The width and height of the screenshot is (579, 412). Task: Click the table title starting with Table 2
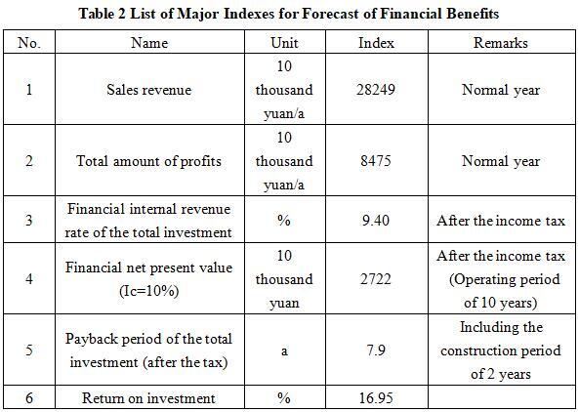tap(289, 14)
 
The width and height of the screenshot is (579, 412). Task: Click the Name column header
tap(149, 43)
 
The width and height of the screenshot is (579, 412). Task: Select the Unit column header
tap(284, 43)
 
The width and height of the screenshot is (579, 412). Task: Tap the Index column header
tap(376, 43)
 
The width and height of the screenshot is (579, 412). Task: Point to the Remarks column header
tap(501, 43)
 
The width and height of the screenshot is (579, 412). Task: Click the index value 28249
tap(376, 90)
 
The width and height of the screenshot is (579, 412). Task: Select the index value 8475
tap(376, 161)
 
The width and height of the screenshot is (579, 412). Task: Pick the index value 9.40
tap(376, 221)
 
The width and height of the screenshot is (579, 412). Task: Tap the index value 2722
tap(376, 278)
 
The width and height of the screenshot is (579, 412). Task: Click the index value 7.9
tap(376, 350)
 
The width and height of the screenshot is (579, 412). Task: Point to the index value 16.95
tap(376, 398)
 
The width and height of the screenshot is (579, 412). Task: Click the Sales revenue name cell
tap(149, 90)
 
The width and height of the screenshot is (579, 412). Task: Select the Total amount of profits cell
tap(148, 161)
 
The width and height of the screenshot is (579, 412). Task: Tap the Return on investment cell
tap(148, 398)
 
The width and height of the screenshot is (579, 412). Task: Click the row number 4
tap(29, 278)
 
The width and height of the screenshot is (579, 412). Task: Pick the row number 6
tap(29, 398)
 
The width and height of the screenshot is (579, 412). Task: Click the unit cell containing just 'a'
tap(284, 350)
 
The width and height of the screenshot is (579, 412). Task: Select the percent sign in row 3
tap(283, 221)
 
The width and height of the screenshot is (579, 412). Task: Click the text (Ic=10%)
tap(149, 291)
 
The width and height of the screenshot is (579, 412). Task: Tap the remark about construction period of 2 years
tap(501, 350)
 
